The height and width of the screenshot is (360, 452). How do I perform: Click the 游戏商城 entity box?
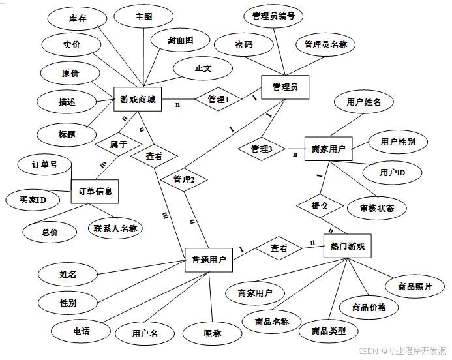click(x=138, y=100)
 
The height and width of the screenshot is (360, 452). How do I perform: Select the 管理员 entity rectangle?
click(x=284, y=87)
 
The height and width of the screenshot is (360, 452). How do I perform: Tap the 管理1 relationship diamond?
click(x=218, y=99)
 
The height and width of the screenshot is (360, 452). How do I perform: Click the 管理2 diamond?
click(x=184, y=179)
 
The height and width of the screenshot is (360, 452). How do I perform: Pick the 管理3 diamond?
click(x=262, y=149)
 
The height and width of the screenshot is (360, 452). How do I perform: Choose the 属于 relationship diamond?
click(x=118, y=144)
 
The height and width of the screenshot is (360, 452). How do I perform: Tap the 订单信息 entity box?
click(x=95, y=191)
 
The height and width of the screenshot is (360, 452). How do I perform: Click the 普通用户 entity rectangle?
click(x=209, y=260)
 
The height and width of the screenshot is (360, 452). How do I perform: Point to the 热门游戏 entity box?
click(x=347, y=247)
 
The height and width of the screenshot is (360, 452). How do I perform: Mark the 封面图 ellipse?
click(x=180, y=40)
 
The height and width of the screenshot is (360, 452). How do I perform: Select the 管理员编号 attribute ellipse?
click(x=273, y=16)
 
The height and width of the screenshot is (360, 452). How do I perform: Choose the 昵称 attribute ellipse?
click(x=213, y=333)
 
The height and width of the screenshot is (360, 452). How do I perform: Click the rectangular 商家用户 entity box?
click(x=328, y=149)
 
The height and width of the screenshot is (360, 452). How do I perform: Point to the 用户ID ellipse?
click(x=393, y=172)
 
